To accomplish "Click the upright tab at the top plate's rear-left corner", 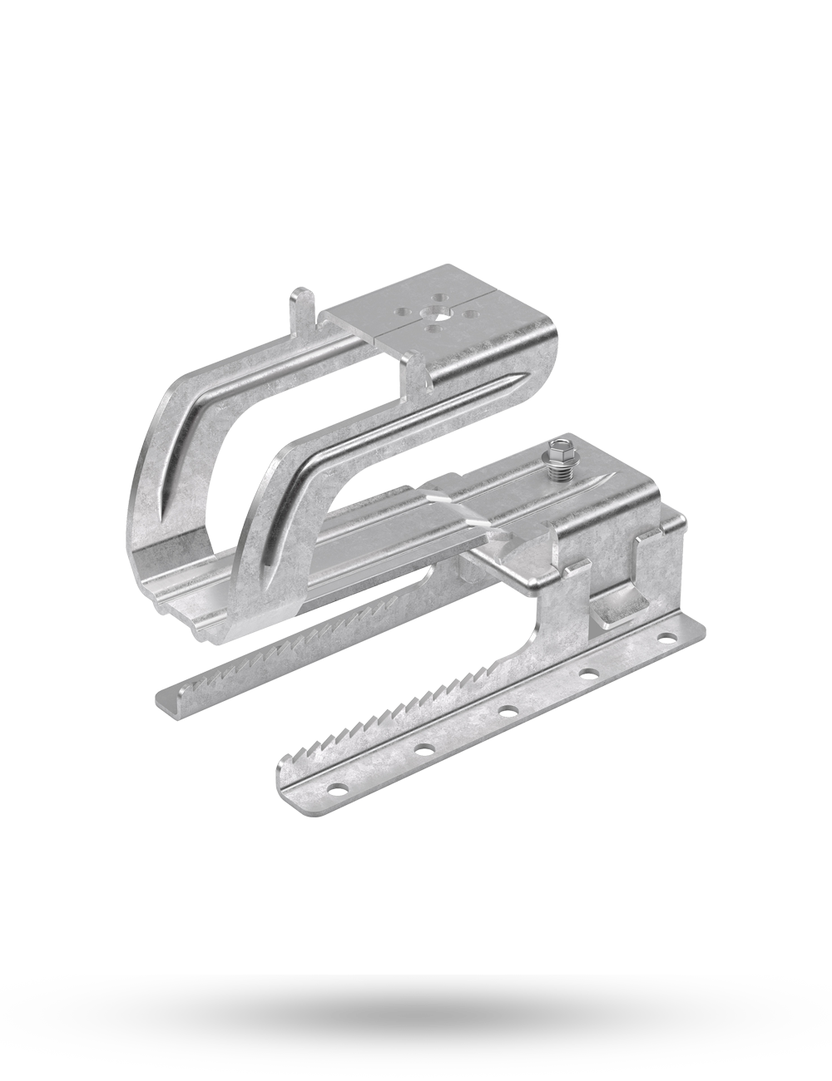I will (x=301, y=303).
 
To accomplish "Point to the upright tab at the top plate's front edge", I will (x=412, y=366).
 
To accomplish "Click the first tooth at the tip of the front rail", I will (x=290, y=757).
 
